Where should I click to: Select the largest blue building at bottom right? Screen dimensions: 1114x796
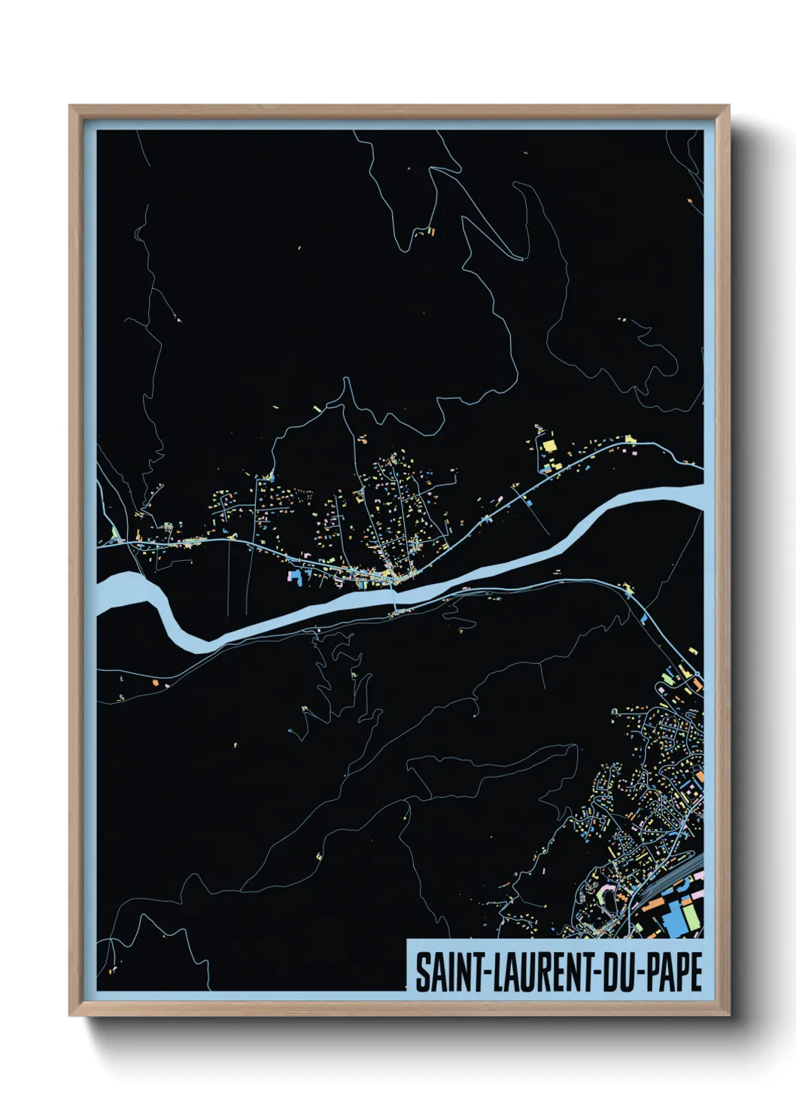click(x=673, y=918)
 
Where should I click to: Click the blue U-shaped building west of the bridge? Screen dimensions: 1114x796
click(x=295, y=577)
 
